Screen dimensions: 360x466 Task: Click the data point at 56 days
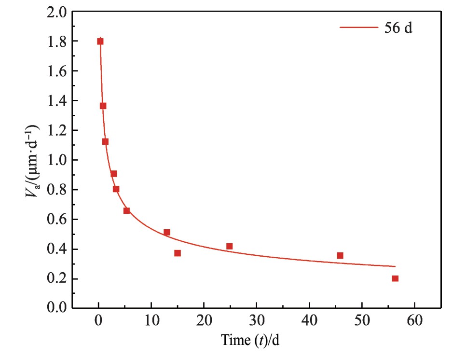pos(395,278)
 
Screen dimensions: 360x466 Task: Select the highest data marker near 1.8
pos(100,42)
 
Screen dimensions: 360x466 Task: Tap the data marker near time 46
pos(340,255)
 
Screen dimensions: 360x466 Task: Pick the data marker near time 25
pos(229,246)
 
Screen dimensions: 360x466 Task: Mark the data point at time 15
pos(178,253)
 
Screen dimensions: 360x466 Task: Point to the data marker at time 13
pos(167,232)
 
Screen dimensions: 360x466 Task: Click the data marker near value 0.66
pos(126,210)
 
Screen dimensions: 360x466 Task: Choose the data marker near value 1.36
pos(103,106)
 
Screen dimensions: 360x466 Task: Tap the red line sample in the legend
pos(358,28)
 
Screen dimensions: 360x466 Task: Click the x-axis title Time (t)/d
pos(250,341)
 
